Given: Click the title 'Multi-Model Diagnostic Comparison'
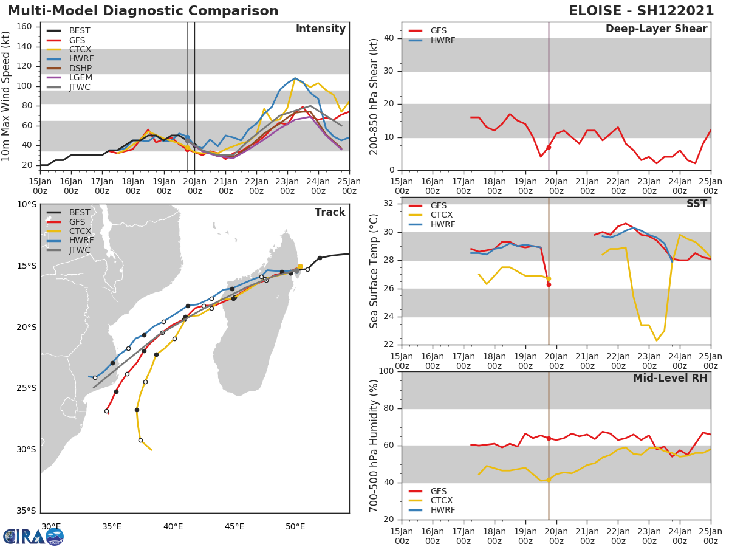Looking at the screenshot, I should pyautogui.click(x=143, y=11).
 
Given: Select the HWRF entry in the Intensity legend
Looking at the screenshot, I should pyautogui.click(x=81, y=59).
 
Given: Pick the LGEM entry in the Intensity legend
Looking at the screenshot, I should pyautogui.click(x=81, y=78).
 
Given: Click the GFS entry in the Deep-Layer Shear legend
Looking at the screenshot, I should pyautogui.click(x=438, y=31).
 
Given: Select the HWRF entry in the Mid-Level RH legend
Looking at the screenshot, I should pyautogui.click(x=442, y=510).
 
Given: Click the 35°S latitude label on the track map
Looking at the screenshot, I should pyautogui.click(x=26, y=511).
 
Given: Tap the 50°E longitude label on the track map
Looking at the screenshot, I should pyautogui.click(x=295, y=526).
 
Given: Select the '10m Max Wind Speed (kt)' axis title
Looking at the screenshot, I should pyautogui.click(x=7, y=96).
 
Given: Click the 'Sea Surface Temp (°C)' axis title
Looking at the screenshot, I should pyautogui.click(x=374, y=271).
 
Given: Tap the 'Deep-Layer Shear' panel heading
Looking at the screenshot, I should pyautogui.click(x=656, y=29).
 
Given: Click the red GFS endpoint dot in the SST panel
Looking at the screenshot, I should pyautogui.click(x=549, y=284).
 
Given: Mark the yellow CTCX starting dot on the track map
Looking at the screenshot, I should pyautogui.click(x=300, y=266).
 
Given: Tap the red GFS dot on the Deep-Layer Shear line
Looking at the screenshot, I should pyautogui.click(x=549, y=147).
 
